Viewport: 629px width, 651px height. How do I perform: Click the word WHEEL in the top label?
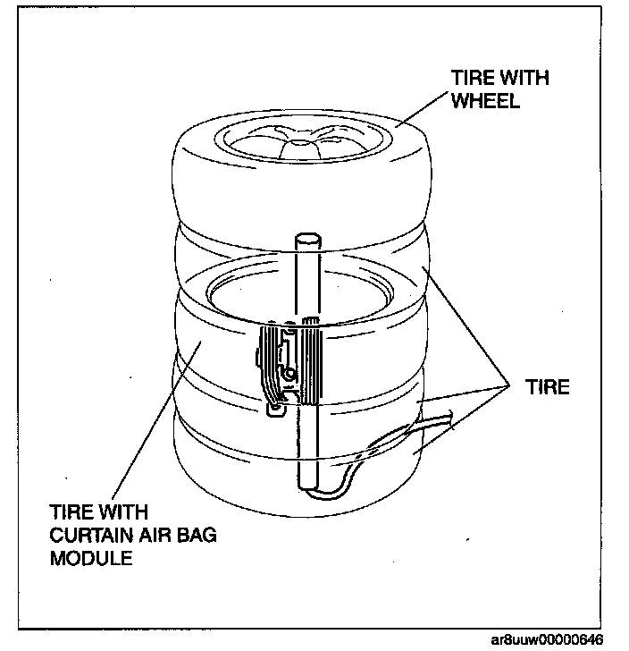[x=485, y=100]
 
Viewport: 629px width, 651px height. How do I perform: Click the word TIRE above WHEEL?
[x=469, y=78]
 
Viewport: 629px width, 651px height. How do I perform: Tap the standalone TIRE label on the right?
[x=547, y=387]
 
